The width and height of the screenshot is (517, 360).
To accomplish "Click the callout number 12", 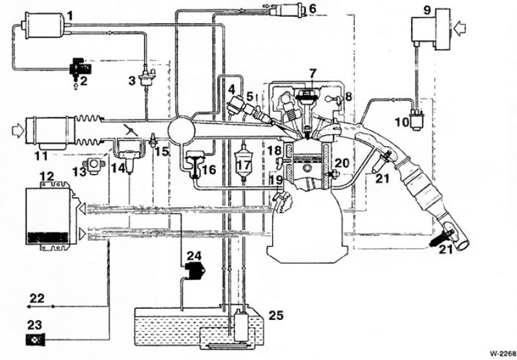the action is [47, 176].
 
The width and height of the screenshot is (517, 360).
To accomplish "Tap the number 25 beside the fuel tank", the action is [276, 315].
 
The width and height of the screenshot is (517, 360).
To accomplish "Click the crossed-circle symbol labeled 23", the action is [35, 339].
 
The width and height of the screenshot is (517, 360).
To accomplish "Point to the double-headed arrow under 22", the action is [41, 306].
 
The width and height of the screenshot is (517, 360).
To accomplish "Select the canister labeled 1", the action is [43, 25].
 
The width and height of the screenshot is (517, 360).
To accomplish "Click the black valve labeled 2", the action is [80, 68].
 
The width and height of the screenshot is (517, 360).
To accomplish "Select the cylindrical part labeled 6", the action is [286, 10].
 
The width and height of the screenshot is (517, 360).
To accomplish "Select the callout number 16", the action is [209, 169].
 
